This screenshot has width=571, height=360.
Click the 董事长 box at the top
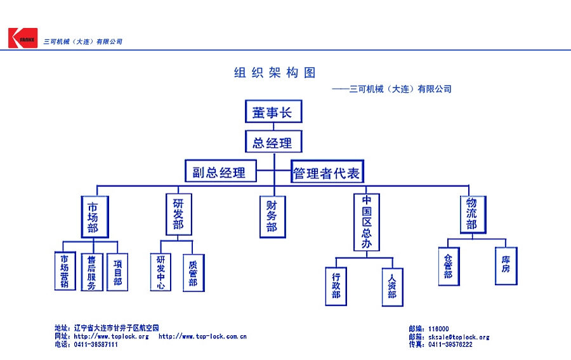point(273,112)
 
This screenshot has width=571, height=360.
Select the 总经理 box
point(273,142)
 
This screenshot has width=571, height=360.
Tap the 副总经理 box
point(220,171)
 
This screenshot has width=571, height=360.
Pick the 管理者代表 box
point(327,172)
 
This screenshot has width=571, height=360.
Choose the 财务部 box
point(272,217)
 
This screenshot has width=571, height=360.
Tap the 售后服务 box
point(91,272)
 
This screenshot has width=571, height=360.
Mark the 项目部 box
point(117,272)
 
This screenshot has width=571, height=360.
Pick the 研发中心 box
point(161,272)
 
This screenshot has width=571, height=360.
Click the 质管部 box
point(194,273)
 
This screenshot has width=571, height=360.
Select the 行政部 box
point(336,286)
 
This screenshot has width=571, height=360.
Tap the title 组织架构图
point(275,73)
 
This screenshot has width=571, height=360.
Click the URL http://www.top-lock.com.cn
point(202,337)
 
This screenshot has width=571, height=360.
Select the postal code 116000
point(438,329)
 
